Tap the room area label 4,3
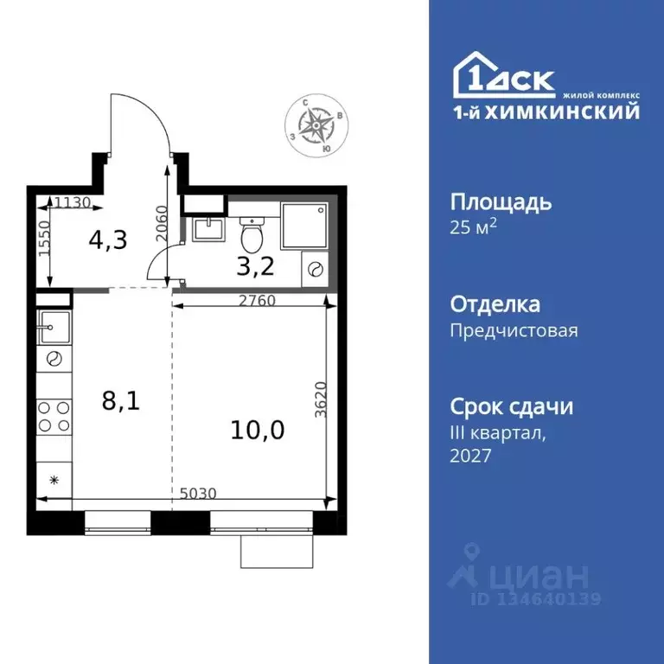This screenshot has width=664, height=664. click(x=108, y=239)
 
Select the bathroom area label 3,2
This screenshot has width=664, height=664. click(x=255, y=265)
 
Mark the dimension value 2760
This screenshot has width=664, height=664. click(x=256, y=302)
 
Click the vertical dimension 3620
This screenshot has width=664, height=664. click(x=321, y=400)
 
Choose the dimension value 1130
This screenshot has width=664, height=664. click(x=73, y=203)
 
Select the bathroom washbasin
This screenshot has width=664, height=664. click(x=208, y=229)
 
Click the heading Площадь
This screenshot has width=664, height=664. click(x=501, y=202)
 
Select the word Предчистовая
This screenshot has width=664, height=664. click(x=514, y=329)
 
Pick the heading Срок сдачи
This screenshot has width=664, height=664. click(x=512, y=406)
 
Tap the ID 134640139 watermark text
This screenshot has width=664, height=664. click(x=535, y=598)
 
